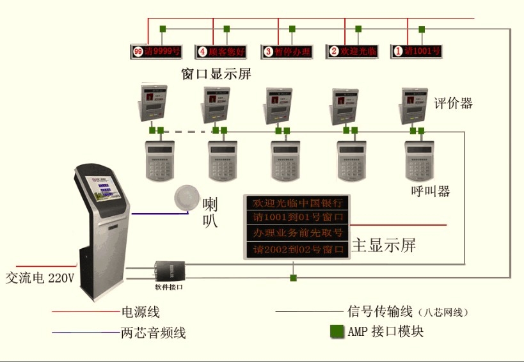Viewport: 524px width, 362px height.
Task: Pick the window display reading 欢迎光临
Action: click(352, 51)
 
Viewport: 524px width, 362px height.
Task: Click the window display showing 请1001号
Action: click(417, 51)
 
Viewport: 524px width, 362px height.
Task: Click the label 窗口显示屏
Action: click(216, 74)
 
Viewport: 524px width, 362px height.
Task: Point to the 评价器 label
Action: click(453, 103)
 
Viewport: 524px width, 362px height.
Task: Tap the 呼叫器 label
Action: click(430, 191)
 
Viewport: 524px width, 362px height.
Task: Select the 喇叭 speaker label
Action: click(210, 213)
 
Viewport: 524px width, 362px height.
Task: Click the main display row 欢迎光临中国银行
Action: click(298, 203)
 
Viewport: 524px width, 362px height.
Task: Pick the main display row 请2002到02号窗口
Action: click(298, 249)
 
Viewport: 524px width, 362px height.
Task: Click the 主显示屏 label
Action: click(384, 246)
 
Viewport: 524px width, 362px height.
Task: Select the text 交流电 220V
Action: click(40, 279)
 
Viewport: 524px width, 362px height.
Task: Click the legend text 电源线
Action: click(140, 313)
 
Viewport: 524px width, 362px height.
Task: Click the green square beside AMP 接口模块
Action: click(337, 331)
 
